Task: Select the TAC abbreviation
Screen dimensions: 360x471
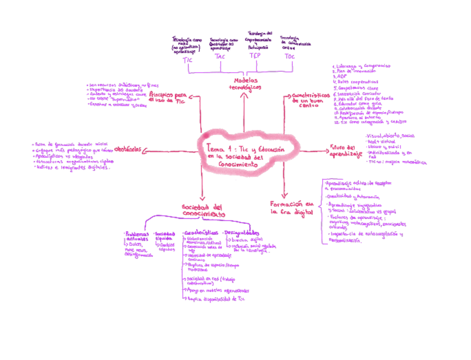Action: click(x=220, y=57)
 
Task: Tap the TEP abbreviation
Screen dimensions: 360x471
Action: click(x=255, y=56)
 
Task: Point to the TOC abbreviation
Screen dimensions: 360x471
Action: click(x=289, y=56)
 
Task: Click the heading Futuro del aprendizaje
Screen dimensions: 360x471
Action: click(x=346, y=151)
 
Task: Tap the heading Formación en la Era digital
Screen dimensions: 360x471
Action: click(x=292, y=208)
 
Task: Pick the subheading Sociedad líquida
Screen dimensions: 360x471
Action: click(x=165, y=236)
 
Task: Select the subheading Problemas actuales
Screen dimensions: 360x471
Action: click(x=137, y=236)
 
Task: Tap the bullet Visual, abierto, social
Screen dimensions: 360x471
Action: click(x=391, y=136)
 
